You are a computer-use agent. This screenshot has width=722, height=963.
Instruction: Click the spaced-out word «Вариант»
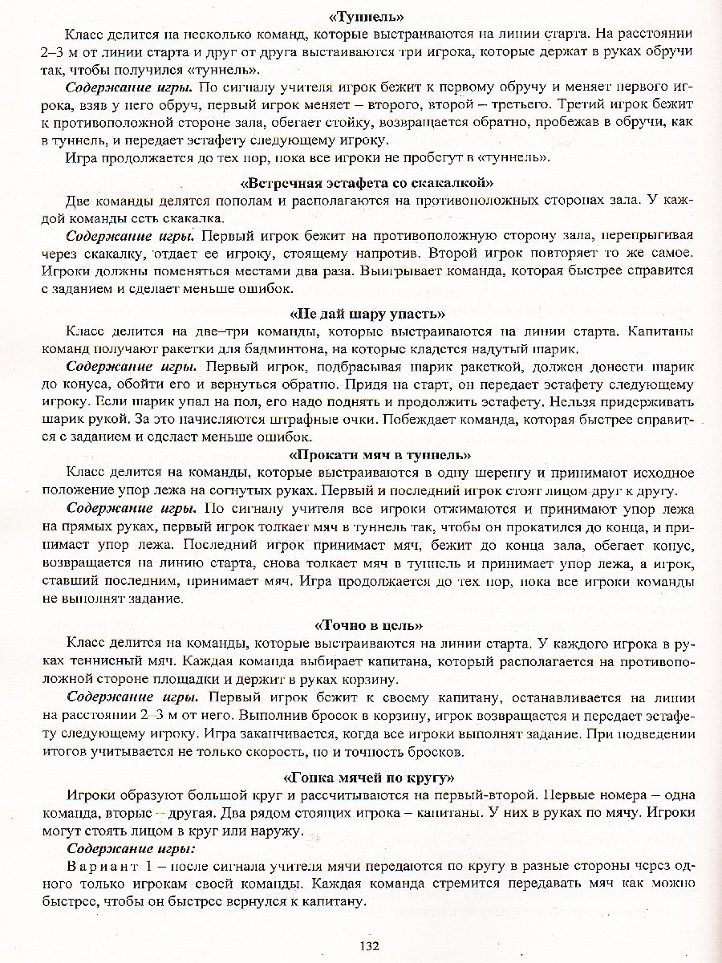pos(100,867)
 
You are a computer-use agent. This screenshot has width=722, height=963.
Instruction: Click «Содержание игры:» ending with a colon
pos(130,848)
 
